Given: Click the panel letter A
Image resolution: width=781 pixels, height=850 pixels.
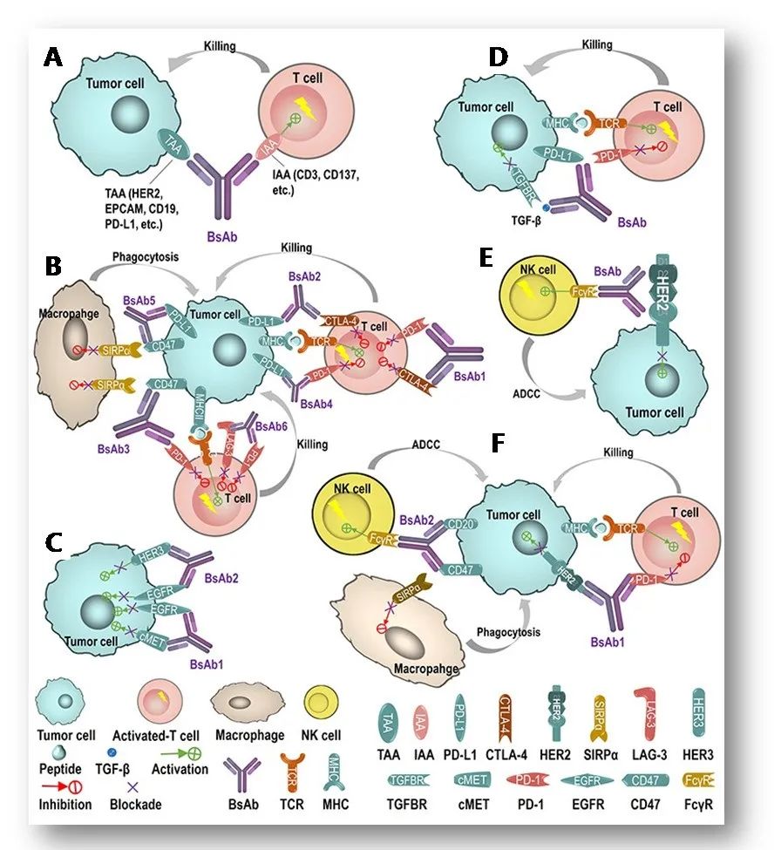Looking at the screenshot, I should tap(54, 58).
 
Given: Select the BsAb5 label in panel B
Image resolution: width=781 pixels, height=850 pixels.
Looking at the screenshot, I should tap(142, 276).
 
